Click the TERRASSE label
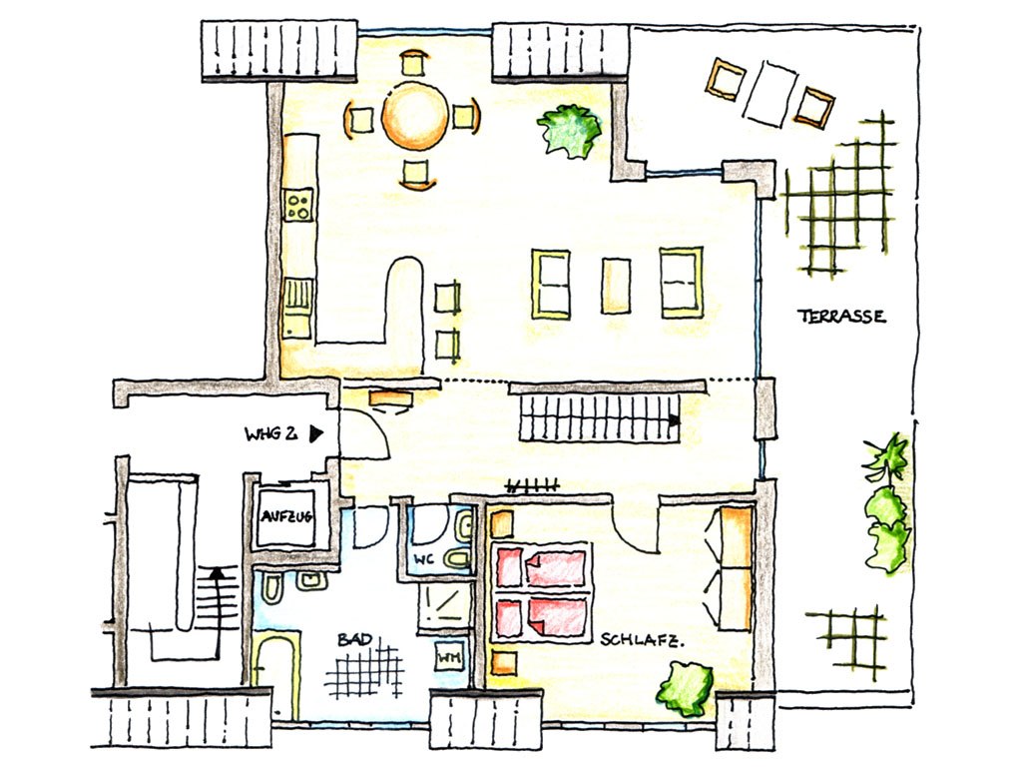[x=841, y=317]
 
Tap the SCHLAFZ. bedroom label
[x=642, y=640]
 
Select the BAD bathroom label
[x=355, y=640]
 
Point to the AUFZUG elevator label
[x=286, y=517]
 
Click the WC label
[x=423, y=559]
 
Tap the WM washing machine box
[x=450, y=659]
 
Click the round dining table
[x=415, y=118]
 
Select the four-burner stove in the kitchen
[x=298, y=205]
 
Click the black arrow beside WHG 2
[x=316, y=433]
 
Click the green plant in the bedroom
[x=685, y=689]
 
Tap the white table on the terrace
[x=771, y=93]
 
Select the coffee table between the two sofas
[x=616, y=285]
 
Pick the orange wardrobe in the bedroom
[x=736, y=568]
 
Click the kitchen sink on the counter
[x=296, y=308]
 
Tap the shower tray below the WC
[x=444, y=606]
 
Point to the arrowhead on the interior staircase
[x=674, y=420]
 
